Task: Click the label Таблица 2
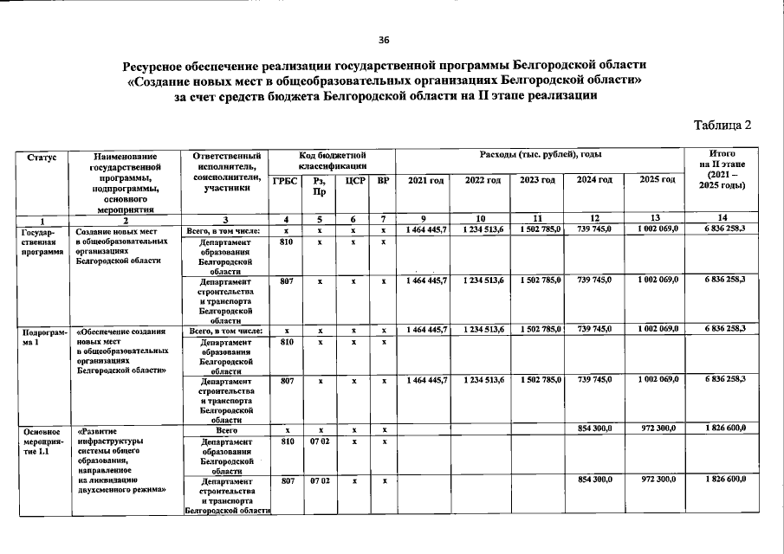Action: pos(722,125)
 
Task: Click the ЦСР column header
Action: pos(353,181)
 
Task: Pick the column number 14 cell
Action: pos(722,218)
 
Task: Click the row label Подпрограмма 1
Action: pos(42,337)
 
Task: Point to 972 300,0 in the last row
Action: pos(656,479)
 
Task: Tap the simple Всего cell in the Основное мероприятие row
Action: pos(226,429)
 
